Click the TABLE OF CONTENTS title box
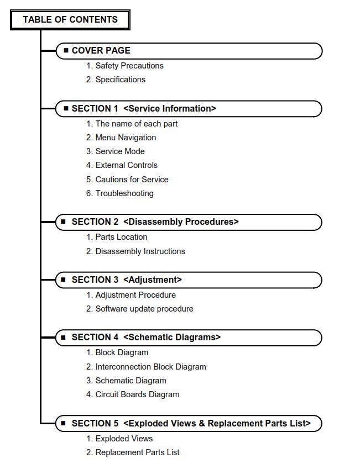point(70,20)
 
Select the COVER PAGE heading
point(101,51)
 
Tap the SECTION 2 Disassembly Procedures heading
point(155,222)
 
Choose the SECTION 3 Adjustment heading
point(127,280)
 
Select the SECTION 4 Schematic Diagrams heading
point(146,338)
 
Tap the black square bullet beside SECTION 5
point(65,423)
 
